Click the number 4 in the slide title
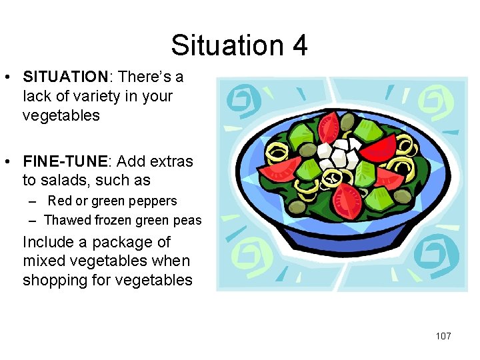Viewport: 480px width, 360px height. tap(299, 45)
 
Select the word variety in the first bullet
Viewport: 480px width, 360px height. tap(115, 96)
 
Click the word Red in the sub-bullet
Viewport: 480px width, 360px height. tap(59, 201)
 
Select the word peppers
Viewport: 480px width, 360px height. tap(155, 201)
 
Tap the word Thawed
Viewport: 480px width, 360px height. tap(66, 220)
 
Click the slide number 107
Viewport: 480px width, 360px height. tap(443, 336)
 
